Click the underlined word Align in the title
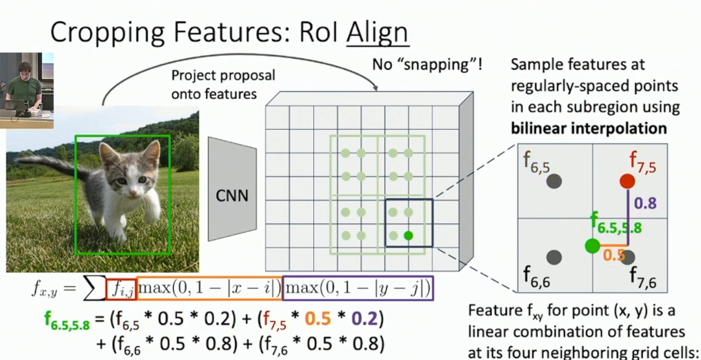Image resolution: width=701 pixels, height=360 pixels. click(x=376, y=32)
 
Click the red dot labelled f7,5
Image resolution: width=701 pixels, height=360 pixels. click(x=627, y=181)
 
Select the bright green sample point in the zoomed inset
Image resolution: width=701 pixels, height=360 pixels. click(x=592, y=246)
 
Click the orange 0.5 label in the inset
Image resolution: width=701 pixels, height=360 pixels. click(x=613, y=254)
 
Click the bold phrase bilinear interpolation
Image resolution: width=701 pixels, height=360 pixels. click(x=589, y=128)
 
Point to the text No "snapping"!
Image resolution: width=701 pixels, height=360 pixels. click(x=427, y=64)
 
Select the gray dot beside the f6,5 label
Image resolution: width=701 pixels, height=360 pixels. click(x=554, y=181)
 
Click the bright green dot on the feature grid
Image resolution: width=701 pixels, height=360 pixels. click(x=408, y=235)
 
